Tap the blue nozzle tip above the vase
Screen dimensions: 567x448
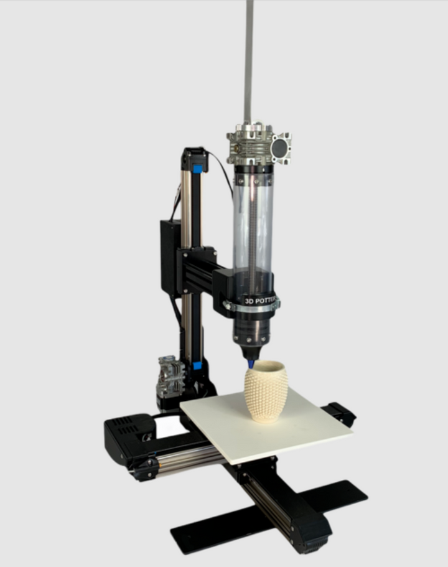[x=251, y=363]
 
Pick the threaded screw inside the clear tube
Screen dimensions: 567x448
[x=253, y=224]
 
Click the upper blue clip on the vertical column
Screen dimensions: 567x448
[x=198, y=168]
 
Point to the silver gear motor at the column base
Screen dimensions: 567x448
[x=170, y=377]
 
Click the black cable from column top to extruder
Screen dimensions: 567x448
[x=221, y=168]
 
